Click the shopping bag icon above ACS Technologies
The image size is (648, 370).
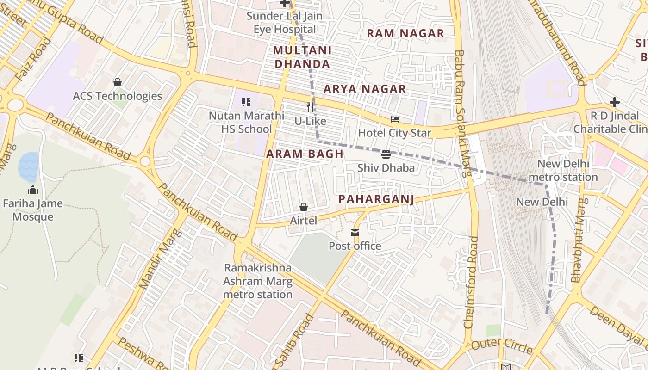click(x=118, y=82)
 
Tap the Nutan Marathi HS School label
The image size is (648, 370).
click(x=246, y=122)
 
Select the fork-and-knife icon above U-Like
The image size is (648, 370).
click(x=310, y=107)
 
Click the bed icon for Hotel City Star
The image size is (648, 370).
click(x=394, y=120)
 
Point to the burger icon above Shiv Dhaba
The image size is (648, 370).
click(x=386, y=154)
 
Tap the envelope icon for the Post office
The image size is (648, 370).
click(x=355, y=233)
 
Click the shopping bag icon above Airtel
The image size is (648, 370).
click(x=304, y=207)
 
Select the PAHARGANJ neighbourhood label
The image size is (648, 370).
click(x=376, y=199)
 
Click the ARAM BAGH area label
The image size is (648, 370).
click(x=305, y=154)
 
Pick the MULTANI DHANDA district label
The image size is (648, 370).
click(x=302, y=57)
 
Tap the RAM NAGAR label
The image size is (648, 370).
click(x=405, y=33)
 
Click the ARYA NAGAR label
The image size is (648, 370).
click(x=365, y=89)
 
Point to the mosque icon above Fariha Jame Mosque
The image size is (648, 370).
click(x=33, y=190)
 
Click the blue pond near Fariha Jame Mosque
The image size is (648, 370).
click(x=28, y=166)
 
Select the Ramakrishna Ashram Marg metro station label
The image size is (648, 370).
click(x=258, y=281)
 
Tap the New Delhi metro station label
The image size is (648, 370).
click(x=563, y=170)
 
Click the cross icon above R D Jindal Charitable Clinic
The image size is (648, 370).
click(x=614, y=102)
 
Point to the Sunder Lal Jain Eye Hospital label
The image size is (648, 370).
click(x=285, y=23)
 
